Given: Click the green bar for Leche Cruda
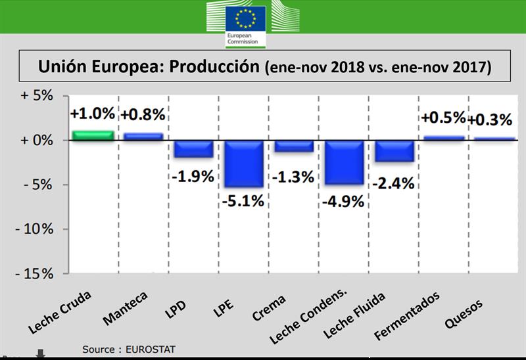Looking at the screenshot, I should [x=92, y=135].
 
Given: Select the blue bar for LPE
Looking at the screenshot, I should [x=245, y=164].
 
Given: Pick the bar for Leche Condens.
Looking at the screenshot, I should [x=345, y=162].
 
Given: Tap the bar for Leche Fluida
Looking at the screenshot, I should [x=395, y=151].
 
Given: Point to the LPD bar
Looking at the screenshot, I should [x=193, y=149].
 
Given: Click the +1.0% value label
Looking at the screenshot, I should [x=92, y=113].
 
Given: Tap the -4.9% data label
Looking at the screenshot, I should [x=343, y=201].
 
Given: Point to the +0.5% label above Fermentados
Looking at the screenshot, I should [x=443, y=118].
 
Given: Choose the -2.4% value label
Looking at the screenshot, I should [x=394, y=183].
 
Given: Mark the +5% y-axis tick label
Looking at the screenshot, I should [x=36, y=96].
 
